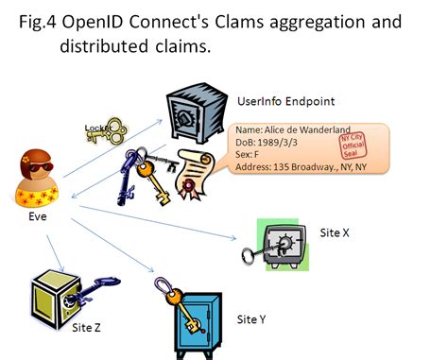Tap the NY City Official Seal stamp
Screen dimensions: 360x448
(352, 146)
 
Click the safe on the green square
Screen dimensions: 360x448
(283, 244)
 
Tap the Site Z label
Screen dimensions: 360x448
(90, 329)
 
